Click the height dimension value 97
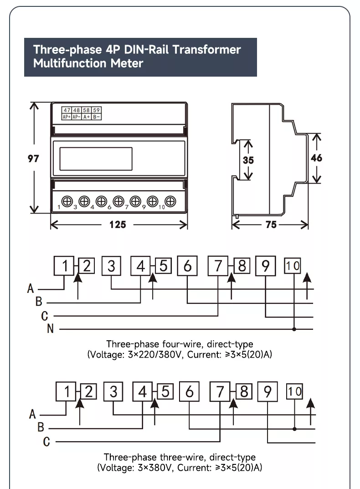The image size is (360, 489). click(x=32, y=159)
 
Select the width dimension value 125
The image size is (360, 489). click(x=118, y=225)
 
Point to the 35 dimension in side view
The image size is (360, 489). click(x=248, y=160)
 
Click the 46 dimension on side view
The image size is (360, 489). click(x=316, y=158)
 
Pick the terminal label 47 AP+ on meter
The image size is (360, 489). click(x=67, y=114)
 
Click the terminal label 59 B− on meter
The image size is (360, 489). click(x=96, y=114)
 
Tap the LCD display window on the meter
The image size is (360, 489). click(x=96, y=159)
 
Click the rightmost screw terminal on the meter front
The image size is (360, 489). click(x=170, y=201)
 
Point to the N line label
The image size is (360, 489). click(x=51, y=329)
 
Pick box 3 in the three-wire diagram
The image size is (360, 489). click(x=113, y=391)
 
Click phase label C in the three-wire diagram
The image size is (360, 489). click(x=46, y=442)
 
